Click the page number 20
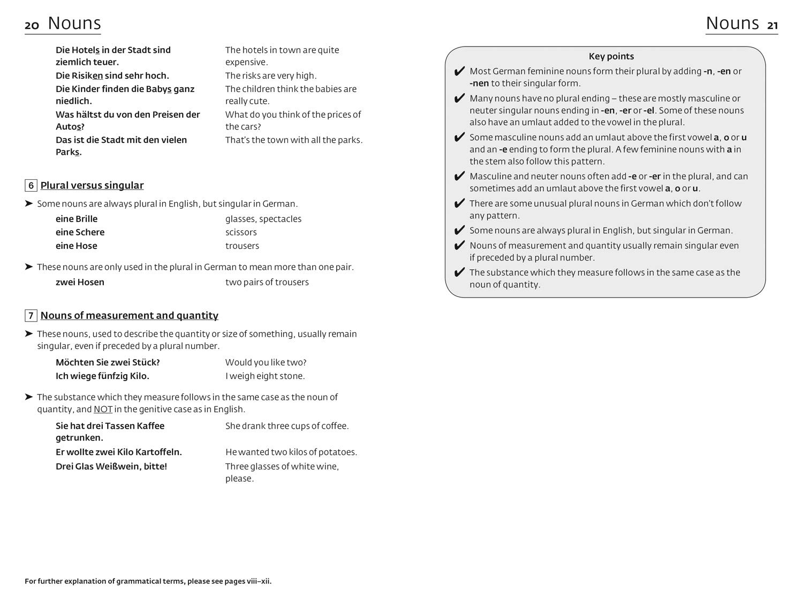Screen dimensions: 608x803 pos(32,25)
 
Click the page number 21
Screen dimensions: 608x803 pos(772,25)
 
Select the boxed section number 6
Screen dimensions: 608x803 pos(31,186)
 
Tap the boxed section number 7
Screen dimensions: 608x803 pos(31,316)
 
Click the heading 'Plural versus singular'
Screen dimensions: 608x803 pos(92,186)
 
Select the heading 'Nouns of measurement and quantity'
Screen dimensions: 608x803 pos(130,316)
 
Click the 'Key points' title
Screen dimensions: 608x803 pos(611,56)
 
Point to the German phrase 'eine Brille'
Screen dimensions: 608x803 pos(77,219)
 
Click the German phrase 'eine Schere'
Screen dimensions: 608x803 pos(80,232)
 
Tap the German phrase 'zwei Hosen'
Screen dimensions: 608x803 pos(80,282)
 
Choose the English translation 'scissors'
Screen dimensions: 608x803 pos(241,232)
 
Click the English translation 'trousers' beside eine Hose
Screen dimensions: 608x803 pos(242,246)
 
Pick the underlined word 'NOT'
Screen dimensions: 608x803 pos(103,409)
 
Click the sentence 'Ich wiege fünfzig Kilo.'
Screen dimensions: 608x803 pos(102,376)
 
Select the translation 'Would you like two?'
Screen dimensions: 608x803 pos(266,362)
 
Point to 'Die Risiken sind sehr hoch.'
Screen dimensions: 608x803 pos(112,75)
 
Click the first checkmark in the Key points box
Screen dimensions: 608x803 pos(459,72)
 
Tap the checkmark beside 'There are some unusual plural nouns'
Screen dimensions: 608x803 pos(459,204)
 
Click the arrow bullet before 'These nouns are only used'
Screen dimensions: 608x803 pos(29,267)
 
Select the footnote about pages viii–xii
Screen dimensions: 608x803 pos(148,581)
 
